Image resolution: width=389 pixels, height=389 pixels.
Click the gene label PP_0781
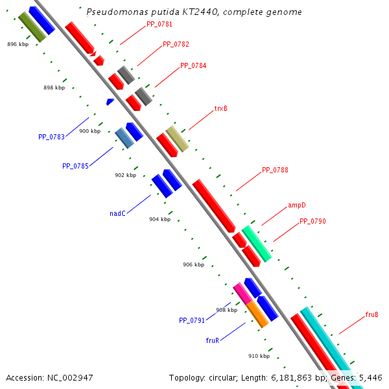159,24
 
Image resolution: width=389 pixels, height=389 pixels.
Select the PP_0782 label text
176,45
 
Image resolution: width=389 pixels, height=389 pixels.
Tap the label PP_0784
193,65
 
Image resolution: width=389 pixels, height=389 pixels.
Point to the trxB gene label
221,108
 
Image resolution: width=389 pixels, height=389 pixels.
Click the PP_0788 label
275,171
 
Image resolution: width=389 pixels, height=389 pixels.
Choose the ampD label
297,206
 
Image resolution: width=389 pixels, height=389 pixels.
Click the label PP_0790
312,222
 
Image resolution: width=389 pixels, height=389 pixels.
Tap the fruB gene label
372,315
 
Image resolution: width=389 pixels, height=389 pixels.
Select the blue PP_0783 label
52,137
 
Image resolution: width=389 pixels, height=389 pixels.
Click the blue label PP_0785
75,166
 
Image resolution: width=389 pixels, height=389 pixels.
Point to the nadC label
117,213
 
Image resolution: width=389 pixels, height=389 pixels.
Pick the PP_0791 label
192,320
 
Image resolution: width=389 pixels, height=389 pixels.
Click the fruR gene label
213,340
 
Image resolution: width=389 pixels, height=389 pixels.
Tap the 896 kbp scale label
18,44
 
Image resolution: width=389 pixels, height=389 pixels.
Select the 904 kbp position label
159,219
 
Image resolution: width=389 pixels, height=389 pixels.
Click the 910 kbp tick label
259,356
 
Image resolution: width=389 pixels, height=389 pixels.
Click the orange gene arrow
257,314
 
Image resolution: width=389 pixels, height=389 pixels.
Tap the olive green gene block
32,27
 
